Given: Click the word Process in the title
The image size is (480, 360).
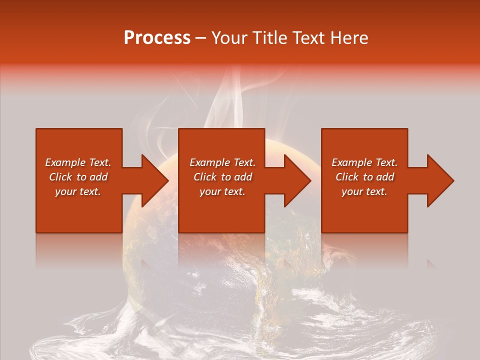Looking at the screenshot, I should [x=157, y=38].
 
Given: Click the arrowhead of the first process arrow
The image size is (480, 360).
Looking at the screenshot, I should [x=154, y=180].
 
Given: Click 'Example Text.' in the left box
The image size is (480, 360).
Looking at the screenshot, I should [x=78, y=162].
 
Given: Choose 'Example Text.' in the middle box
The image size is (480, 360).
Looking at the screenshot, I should [x=222, y=162].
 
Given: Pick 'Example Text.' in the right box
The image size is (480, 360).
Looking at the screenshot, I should [x=364, y=162].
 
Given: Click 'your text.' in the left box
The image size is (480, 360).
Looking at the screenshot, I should [x=78, y=191].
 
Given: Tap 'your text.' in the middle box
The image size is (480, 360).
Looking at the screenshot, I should [x=222, y=191].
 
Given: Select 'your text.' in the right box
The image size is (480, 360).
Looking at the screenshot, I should [x=364, y=191].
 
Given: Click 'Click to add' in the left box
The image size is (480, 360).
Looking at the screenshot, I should [x=78, y=177].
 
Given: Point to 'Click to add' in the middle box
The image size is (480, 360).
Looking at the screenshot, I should [x=222, y=177].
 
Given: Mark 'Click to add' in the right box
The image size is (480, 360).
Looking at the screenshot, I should [x=364, y=177].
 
